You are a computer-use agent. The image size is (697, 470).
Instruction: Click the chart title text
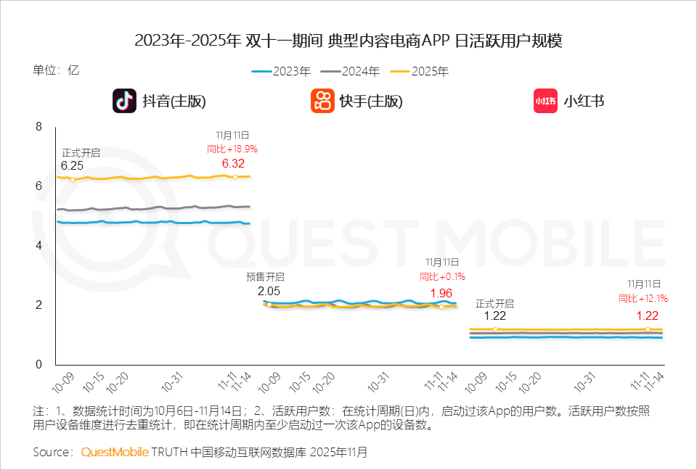[348, 41]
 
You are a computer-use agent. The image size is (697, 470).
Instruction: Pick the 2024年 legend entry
[351, 71]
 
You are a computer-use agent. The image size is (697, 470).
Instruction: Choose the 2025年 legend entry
[420, 71]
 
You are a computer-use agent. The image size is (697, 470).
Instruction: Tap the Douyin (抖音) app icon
[124, 101]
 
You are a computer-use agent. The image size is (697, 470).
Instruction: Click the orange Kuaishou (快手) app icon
[322, 101]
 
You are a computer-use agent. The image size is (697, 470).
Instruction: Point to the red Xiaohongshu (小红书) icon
[545, 101]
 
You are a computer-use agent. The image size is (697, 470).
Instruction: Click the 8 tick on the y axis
[39, 127]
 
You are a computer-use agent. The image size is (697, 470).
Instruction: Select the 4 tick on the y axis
[39, 246]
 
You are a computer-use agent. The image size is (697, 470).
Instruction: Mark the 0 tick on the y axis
[39, 365]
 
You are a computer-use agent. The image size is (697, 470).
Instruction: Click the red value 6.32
[233, 163]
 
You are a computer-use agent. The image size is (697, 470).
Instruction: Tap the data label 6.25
[72, 165]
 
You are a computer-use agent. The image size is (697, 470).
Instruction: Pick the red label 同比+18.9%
[232, 149]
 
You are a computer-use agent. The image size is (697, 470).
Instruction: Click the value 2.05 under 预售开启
[269, 290]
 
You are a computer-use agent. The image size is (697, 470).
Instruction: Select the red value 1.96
[441, 292]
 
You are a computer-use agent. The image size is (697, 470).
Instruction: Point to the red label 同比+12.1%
[643, 298]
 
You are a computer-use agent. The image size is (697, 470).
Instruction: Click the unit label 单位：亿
[55, 70]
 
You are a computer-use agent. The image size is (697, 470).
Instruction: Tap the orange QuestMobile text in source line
[115, 452]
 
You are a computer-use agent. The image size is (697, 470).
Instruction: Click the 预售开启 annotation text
[266, 277]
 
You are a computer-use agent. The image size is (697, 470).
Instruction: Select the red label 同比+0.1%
[442, 276]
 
